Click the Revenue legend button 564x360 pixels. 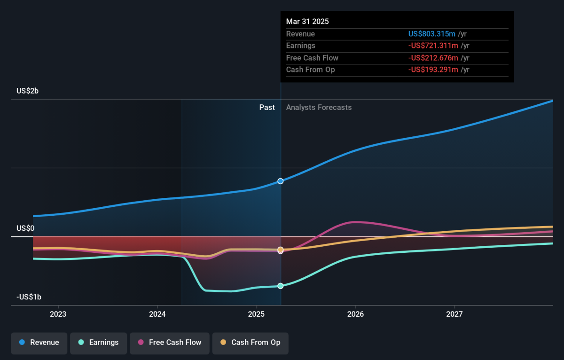coord(39,343)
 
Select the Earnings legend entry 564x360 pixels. coord(98,343)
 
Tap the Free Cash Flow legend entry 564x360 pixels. coord(170,343)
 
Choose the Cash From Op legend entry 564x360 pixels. coord(250,343)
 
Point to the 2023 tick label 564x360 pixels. coord(58,314)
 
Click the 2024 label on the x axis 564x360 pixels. coord(157,314)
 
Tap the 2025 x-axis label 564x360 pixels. coord(256,314)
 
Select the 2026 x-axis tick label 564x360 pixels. coord(355,314)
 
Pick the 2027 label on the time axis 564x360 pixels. coord(454,314)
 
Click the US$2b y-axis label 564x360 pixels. coord(27,91)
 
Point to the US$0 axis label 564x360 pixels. coord(25,228)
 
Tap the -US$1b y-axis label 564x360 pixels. coord(29,297)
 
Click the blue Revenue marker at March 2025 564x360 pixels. coord(281,181)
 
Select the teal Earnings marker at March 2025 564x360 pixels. coord(281,286)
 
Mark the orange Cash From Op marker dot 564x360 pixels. coord(281,250)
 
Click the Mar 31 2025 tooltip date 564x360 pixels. coord(307,22)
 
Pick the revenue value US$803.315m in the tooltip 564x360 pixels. coord(432,34)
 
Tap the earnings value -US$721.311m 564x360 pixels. coord(433,46)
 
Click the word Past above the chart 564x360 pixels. coord(267,108)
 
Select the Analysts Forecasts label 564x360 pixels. coord(319,108)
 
